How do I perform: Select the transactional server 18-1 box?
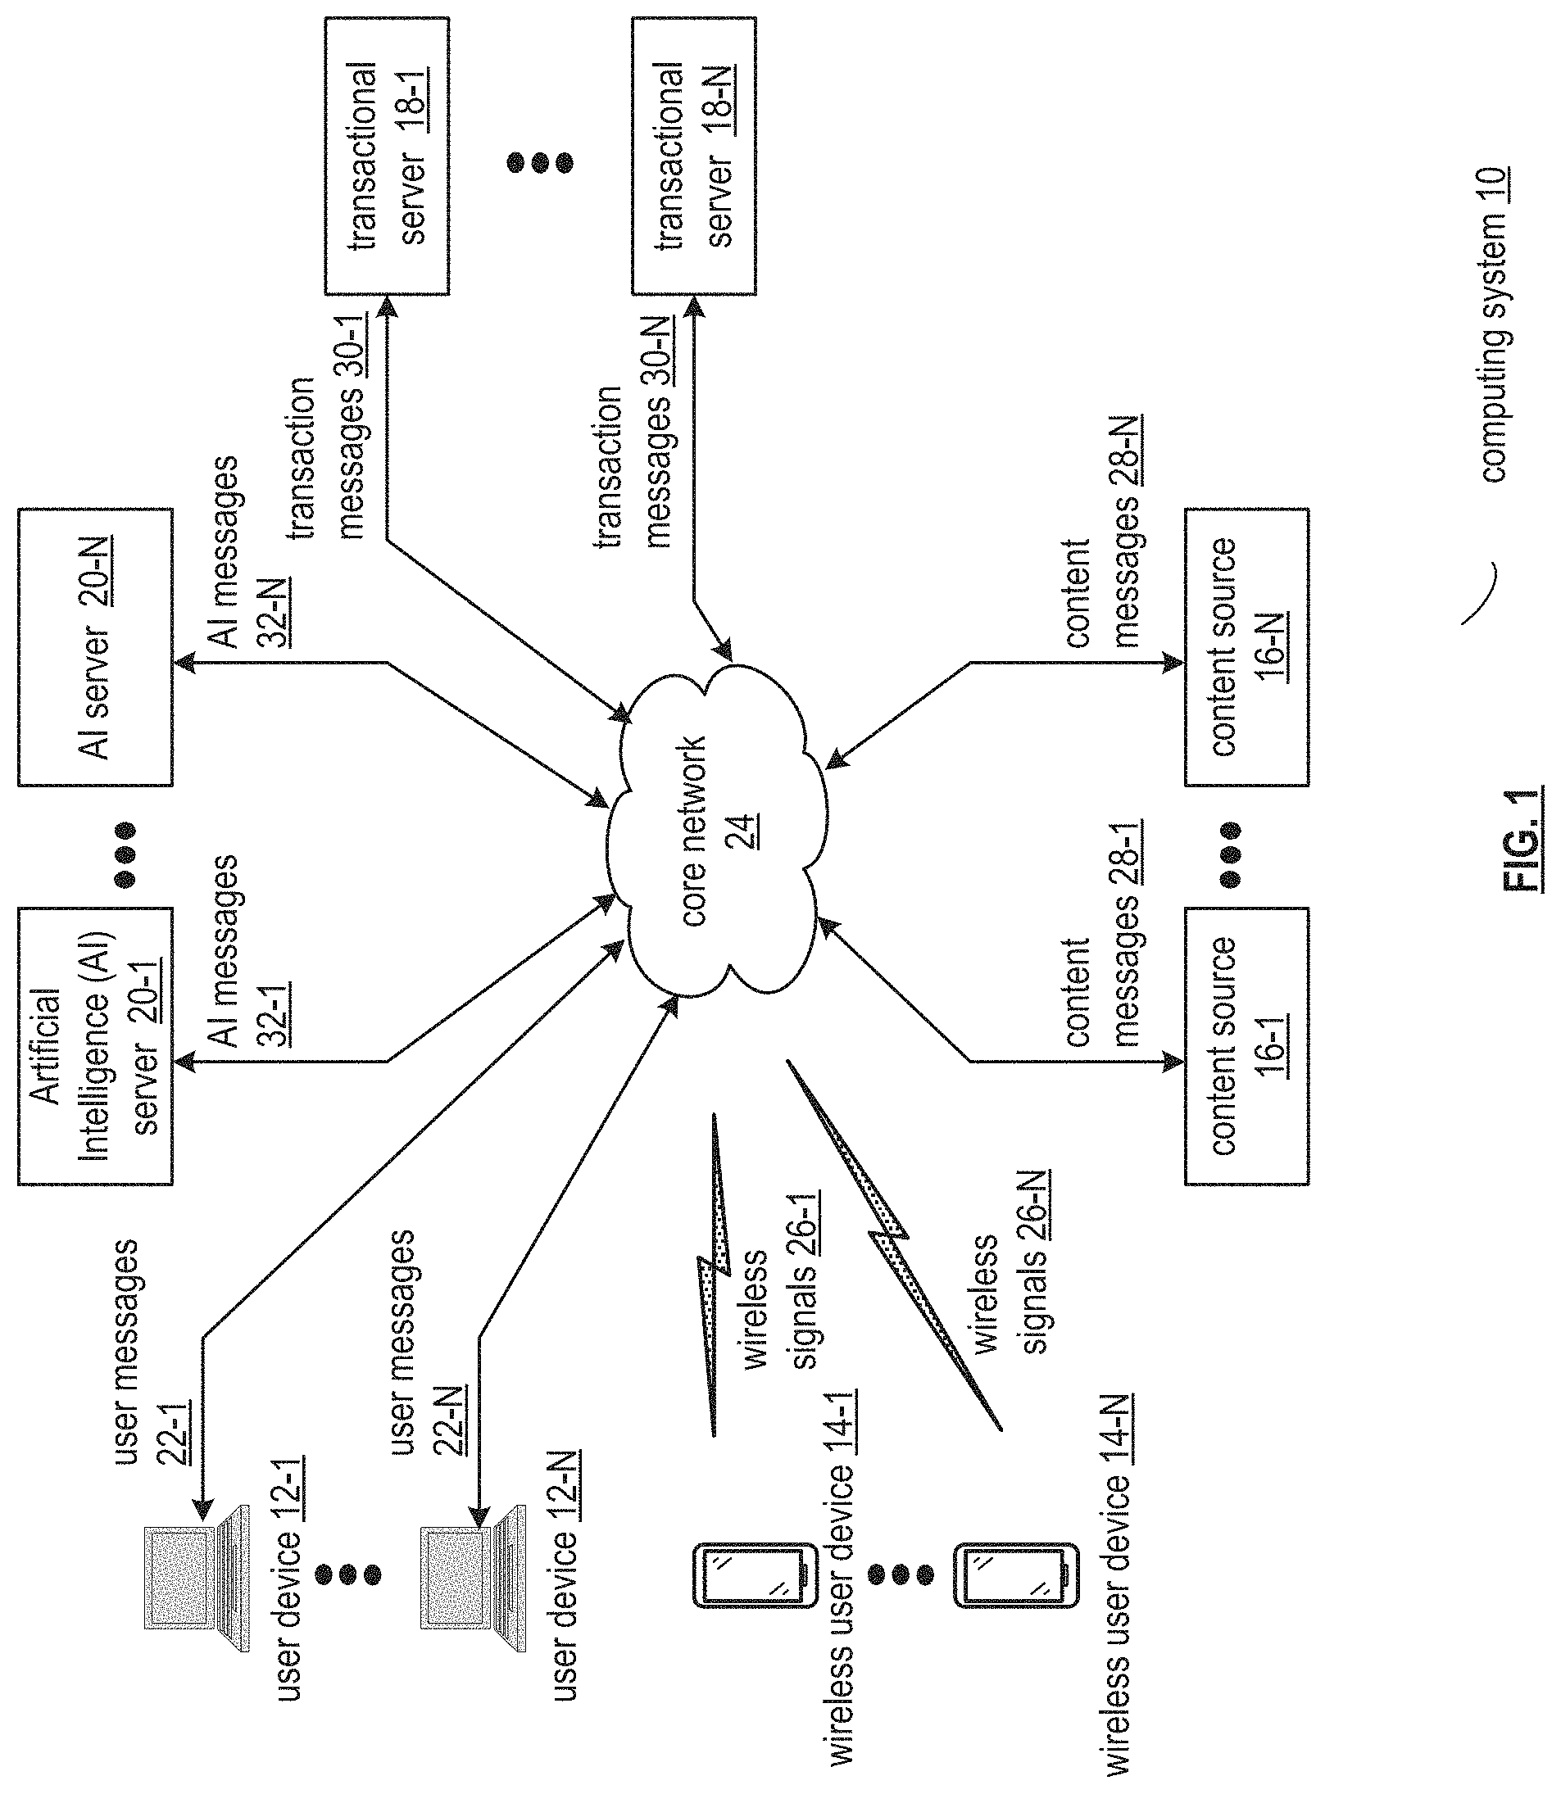[387, 156]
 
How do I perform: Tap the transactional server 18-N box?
[693, 156]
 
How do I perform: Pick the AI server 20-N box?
[95, 647]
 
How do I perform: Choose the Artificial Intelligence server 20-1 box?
[95, 1046]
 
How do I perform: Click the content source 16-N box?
[1246, 647]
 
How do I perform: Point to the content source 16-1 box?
[1246, 1046]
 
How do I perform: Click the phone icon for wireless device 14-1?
[756, 1574]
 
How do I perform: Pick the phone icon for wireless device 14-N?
[1017, 1574]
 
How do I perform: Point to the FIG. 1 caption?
[1522, 840]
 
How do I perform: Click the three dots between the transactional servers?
[540, 162]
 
